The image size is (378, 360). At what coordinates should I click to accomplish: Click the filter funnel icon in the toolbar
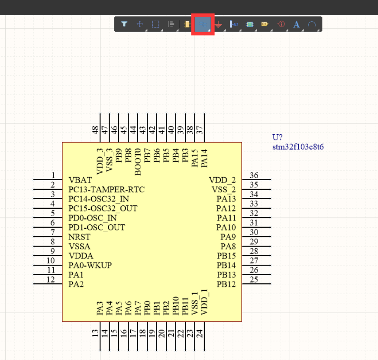(x=124, y=24)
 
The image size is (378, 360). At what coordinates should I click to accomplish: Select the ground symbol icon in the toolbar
(x=219, y=25)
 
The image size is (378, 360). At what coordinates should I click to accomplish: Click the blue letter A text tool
(x=296, y=24)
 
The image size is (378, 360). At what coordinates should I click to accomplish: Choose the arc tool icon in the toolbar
(x=312, y=25)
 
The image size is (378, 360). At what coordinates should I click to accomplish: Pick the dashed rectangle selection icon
(x=156, y=24)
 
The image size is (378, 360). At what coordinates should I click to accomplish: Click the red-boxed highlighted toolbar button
(x=203, y=25)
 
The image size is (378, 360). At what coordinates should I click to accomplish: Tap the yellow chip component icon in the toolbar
(x=187, y=25)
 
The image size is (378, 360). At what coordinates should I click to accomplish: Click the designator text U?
(x=277, y=138)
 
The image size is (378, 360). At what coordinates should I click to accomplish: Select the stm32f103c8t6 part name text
(x=298, y=147)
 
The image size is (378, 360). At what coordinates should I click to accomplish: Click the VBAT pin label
(x=80, y=180)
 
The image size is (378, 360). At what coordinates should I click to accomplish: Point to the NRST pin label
(x=79, y=237)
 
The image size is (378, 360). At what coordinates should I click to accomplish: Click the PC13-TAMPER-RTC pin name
(x=107, y=190)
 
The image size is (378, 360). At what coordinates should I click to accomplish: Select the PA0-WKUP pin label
(x=90, y=265)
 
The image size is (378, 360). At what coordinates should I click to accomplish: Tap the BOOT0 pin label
(x=138, y=162)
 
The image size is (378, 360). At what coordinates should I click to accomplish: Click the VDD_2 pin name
(x=222, y=180)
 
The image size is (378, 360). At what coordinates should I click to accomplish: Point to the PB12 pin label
(x=226, y=285)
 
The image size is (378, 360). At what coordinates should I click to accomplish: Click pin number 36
(x=254, y=175)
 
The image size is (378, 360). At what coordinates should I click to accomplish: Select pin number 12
(x=51, y=280)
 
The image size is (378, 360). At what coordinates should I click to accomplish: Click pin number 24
(x=200, y=334)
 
